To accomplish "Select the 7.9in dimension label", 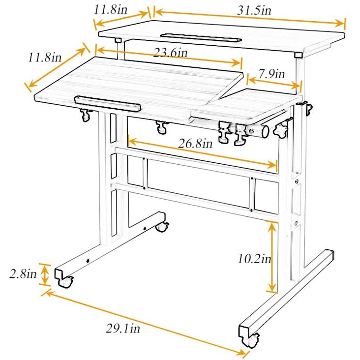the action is click(272, 74).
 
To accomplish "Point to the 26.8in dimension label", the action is click(195, 144).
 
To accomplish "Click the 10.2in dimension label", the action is click(254, 258).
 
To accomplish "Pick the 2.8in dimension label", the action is click(23, 273).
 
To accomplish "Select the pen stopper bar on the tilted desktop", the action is click(108, 103).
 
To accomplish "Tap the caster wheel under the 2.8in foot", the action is click(65, 281).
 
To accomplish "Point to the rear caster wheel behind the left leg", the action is click(162, 227).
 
